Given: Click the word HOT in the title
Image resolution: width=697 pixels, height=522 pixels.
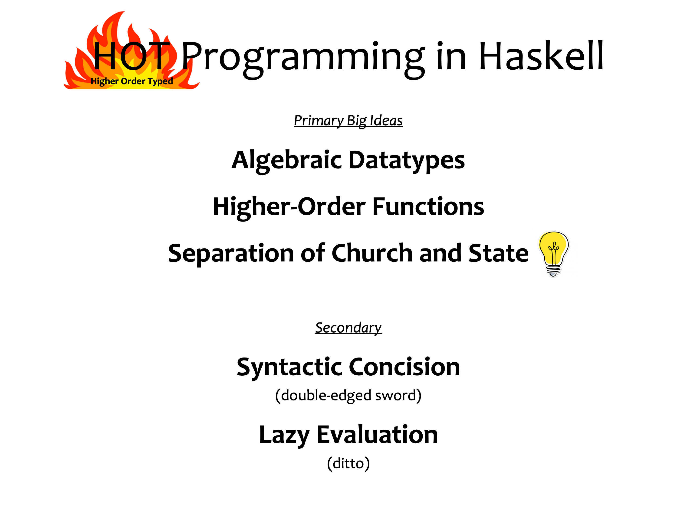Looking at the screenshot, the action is (x=132, y=56).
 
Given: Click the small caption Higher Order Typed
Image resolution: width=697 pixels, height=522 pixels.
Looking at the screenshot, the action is (x=132, y=81).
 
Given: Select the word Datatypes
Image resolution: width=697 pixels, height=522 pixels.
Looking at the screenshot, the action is (x=407, y=161).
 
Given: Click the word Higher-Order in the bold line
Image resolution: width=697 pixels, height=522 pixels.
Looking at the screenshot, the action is (x=289, y=207).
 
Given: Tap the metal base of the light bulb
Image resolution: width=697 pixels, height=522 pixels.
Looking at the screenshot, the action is (x=553, y=271).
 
